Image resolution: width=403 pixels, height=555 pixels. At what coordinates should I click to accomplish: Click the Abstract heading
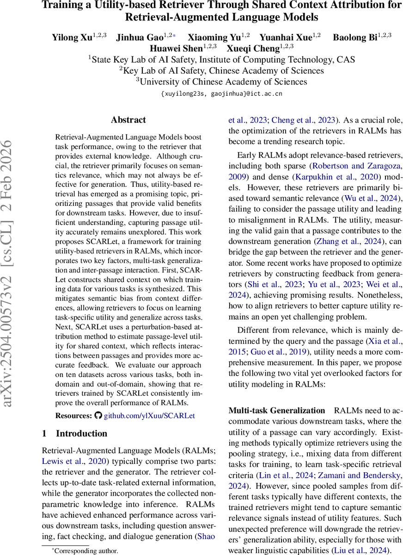128,120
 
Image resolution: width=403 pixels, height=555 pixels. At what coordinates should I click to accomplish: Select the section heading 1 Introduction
74,433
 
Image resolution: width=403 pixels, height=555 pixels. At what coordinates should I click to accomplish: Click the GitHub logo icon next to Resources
98,415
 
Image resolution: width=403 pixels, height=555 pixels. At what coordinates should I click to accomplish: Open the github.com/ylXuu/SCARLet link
149,415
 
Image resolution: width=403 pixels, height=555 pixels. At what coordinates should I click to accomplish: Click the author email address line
221,93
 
